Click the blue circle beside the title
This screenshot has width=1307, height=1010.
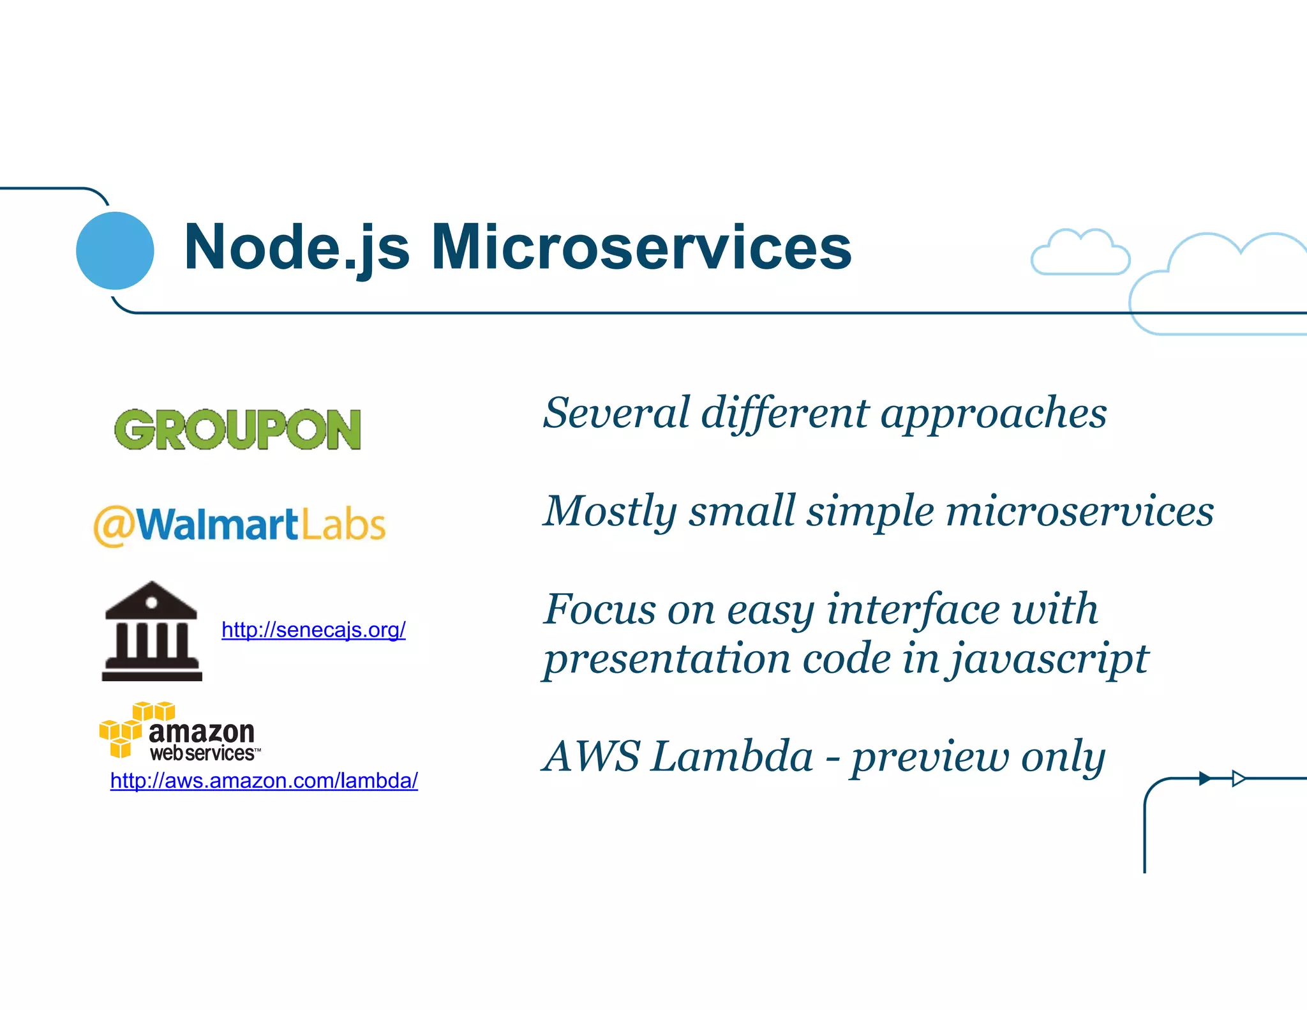click(x=115, y=250)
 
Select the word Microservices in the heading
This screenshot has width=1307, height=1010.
click(x=641, y=248)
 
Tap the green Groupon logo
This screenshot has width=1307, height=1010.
click(x=237, y=430)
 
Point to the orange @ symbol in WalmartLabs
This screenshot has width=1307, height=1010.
click(x=114, y=527)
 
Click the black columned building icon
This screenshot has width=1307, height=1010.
click(x=152, y=631)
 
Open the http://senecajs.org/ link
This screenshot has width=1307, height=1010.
click(x=313, y=630)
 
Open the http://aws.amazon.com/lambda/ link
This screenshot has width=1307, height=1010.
click(x=264, y=780)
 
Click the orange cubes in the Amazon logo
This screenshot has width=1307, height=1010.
click(x=134, y=728)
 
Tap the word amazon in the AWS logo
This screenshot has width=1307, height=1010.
click(x=202, y=732)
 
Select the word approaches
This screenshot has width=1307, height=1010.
click(x=993, y=414)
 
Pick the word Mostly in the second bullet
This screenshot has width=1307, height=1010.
click(x=609, y=511)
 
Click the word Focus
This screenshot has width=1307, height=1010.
click(x=600, y=609)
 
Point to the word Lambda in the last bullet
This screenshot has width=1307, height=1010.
click(x=733, y=757)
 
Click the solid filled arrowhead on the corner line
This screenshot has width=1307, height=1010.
click(x=1205, y=778)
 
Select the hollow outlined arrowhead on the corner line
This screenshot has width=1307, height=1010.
click(x=1238, y=778)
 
